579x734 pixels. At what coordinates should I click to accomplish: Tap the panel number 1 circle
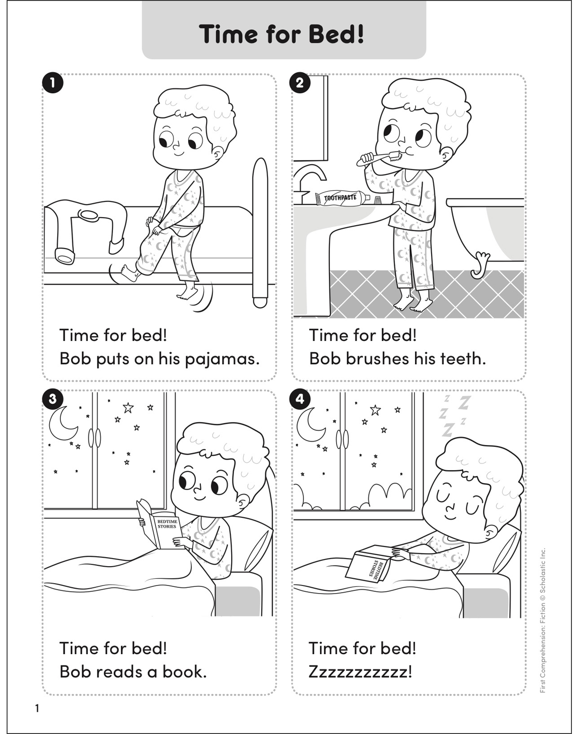click(x=52, y=83)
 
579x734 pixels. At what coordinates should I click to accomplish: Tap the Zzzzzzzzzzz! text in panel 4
click(x=360, y=672)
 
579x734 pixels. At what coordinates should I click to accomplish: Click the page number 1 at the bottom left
click(x=37, y=708)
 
